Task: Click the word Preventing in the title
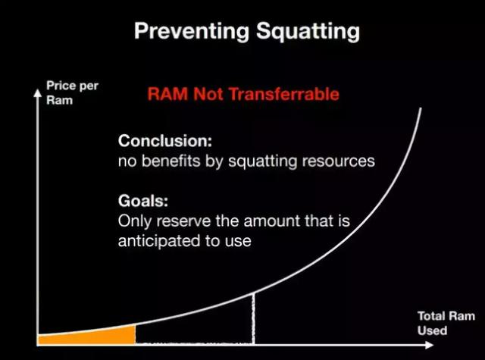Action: pos(192,31)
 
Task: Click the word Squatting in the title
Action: pos(308,32)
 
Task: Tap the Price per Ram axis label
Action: pos(72,92)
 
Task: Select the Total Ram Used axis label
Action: pos(446,323)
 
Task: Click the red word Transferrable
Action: pos(284,94)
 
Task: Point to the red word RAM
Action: pos(167,94)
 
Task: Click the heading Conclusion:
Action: pos(165,141)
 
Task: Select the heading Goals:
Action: pos(143,201)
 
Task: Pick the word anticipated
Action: pos(159,241)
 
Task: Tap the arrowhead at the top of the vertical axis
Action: pos(37,92)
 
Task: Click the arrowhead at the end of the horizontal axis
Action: pos(430,345)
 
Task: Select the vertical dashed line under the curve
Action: pos(254,318)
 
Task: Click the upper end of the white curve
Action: pos(421,108)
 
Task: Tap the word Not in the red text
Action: pos(208,94)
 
